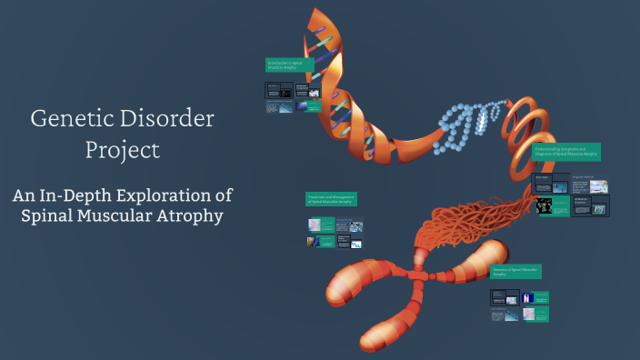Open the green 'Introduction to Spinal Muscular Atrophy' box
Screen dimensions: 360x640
click(289, 65)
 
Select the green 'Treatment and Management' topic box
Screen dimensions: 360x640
click(331, 199)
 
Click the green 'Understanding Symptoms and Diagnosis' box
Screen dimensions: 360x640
click(566, 152)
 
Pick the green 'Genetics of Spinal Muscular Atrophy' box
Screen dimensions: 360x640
click(516, 272)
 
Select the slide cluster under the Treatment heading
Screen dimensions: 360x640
click(335, 233)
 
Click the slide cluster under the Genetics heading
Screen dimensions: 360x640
click(519, 305)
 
